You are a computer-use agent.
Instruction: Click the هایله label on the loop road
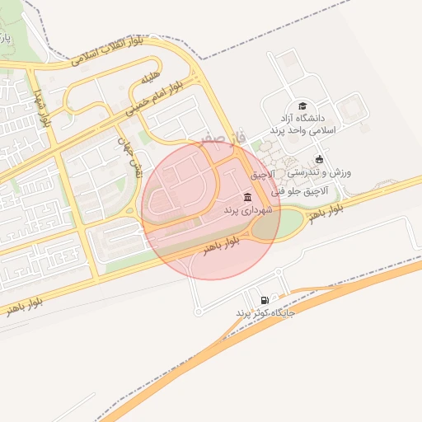148,79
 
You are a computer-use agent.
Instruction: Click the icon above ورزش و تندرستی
320,160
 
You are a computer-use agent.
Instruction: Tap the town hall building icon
248,197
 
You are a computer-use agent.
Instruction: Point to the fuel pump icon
264,300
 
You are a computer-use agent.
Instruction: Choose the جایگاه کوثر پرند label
265,314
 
